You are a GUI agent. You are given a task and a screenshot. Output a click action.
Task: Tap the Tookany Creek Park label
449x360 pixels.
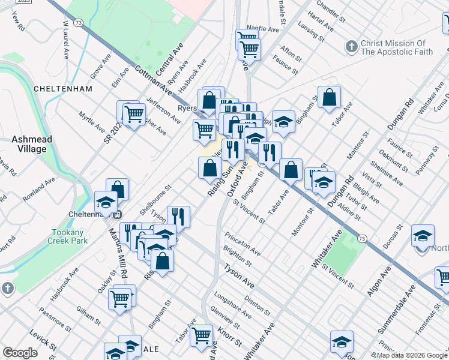68,236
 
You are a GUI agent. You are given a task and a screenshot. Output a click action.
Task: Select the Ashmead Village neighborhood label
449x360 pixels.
32,143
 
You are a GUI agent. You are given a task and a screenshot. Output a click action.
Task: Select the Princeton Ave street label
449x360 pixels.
243,242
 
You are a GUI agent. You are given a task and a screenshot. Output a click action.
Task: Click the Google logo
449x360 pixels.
20,353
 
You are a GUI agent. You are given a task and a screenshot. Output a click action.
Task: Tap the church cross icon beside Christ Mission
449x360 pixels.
351,46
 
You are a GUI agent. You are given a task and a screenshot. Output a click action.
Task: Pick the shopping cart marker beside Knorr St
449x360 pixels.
202,335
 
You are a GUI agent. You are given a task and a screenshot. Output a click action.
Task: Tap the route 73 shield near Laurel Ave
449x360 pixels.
78,22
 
